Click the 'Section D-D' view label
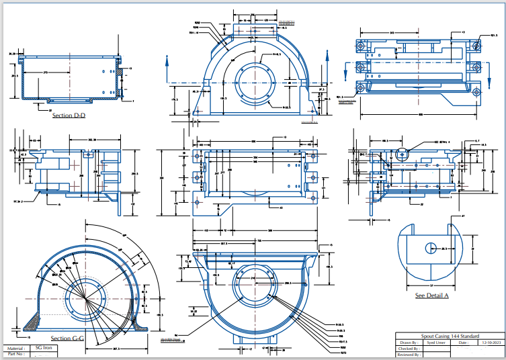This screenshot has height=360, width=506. (69, 116)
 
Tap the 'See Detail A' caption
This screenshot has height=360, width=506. (431, 296)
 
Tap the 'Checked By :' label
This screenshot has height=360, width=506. (409, 348)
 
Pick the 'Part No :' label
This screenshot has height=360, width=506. (15, 354)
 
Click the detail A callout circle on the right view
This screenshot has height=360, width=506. (403, 156)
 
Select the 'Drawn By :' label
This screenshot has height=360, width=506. (409, 342)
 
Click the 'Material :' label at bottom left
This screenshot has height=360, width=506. (15, 348)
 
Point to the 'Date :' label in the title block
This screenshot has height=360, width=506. (463, 342)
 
